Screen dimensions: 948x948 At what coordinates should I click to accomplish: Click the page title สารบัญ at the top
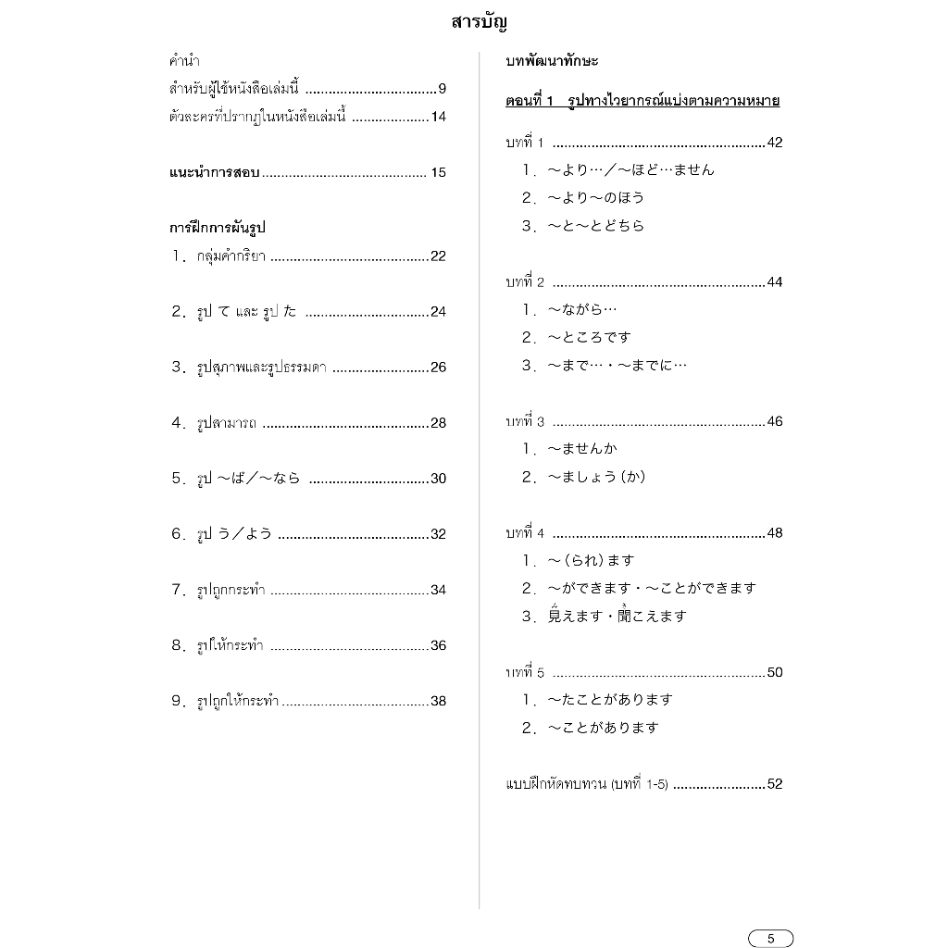point(480,22)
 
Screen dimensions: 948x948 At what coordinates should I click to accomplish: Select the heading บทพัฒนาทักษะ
point(552,61)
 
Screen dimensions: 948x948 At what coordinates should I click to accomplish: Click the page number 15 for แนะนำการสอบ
point(438,172)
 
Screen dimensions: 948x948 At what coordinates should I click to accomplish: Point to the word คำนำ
point(184,61)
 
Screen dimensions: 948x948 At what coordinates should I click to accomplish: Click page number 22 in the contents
point(438,256)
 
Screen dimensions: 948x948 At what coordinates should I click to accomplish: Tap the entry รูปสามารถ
point(227,423)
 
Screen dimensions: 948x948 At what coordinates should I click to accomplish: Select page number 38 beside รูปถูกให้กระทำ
point(438,701)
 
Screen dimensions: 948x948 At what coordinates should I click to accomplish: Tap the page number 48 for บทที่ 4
point(775,533)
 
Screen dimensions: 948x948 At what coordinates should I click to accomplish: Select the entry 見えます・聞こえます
point(617,616)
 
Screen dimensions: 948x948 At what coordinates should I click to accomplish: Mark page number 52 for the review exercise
point(775,784)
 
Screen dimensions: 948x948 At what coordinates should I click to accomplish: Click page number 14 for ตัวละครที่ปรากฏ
point(438,117)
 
